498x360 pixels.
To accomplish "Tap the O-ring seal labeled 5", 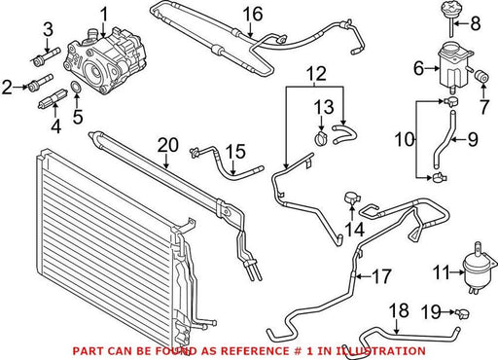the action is (76, 87).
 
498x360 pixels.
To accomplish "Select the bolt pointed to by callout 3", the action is (48, 55).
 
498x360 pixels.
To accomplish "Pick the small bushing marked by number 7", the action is (482, 76).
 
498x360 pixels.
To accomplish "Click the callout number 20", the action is (168, 146).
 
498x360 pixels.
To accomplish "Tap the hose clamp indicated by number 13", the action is (321, 138).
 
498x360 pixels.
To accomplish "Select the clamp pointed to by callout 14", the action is (351, 198).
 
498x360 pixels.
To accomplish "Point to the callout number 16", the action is (253, 15).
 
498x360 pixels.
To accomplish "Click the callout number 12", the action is (317, 74).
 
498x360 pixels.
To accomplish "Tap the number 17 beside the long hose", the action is (381, 276).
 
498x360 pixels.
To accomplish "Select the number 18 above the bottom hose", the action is (399, 310).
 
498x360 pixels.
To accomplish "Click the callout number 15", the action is (235, 152).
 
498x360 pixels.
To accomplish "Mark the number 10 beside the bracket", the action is (405, 140).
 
